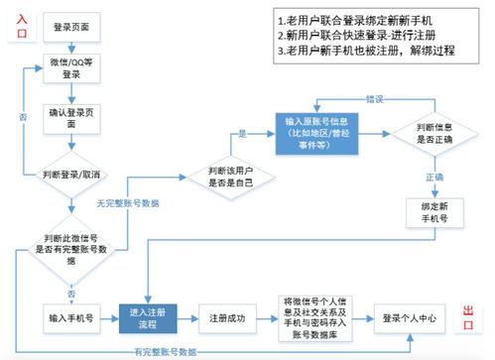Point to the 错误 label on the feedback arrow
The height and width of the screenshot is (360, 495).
click(x=374, y=99)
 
